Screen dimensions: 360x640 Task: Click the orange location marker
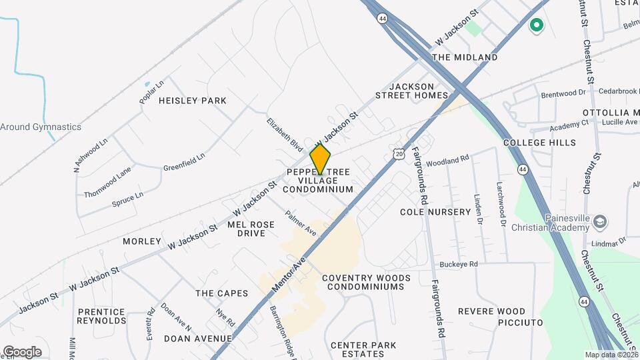click(321, 160)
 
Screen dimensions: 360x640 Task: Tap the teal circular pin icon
click(536, 26)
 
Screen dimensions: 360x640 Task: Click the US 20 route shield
click(398, 154)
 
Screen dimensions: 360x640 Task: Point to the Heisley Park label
click(192, 101)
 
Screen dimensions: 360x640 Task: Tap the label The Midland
click(465, 57)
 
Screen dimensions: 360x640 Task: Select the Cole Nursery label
click(435, 212)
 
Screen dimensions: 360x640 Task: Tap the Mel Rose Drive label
click(251, 229)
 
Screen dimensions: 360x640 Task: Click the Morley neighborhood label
click(142, 241)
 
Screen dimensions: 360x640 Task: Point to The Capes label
click(221, 293)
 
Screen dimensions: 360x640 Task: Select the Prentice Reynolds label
click(102, 316)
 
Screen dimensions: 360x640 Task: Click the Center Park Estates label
click(363, 349)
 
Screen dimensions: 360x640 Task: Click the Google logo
click(22, 351)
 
